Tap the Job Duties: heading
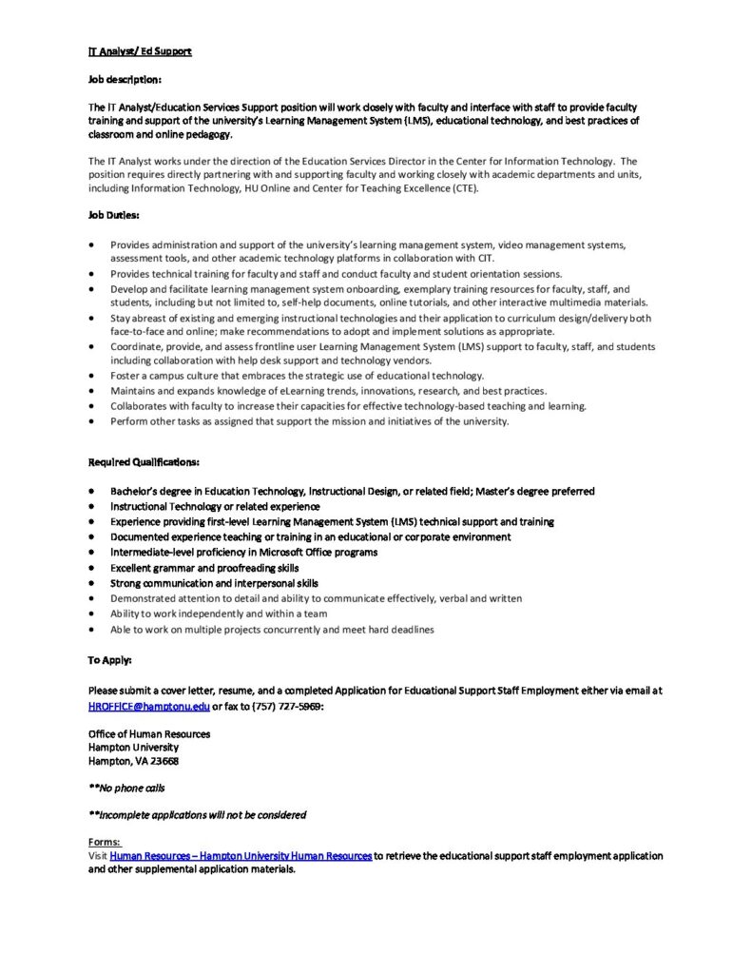113,214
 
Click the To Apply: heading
110,659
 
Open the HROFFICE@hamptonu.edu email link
148,707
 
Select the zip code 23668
160,761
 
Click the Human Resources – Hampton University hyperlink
241,856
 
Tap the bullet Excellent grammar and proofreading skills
203,568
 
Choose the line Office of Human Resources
149,733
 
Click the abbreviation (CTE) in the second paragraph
463,187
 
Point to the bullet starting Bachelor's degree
352,491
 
